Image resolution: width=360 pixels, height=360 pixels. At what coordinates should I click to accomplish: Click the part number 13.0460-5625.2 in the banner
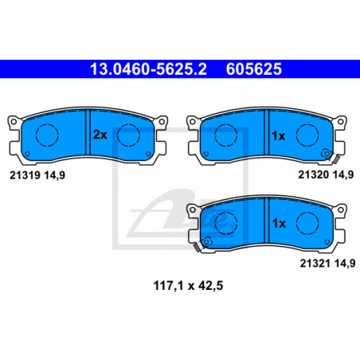(148, 69)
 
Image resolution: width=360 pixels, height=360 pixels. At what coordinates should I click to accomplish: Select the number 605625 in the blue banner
(254, 69)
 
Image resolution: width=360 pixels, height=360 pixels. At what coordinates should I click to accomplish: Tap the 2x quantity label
(100, 135)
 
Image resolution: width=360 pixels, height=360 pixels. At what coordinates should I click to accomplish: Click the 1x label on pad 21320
(279, 136)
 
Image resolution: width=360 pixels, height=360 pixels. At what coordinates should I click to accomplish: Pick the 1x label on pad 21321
(279, 224)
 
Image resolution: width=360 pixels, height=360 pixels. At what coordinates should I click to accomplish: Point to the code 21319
(25, 175)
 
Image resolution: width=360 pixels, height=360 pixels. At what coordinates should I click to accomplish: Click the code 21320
(314, 174)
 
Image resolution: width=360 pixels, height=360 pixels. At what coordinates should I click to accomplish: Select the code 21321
(315, 264)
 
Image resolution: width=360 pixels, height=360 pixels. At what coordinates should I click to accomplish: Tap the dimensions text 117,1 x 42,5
(188, 286)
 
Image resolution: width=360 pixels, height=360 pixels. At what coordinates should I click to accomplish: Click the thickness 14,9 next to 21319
(55, 175)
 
